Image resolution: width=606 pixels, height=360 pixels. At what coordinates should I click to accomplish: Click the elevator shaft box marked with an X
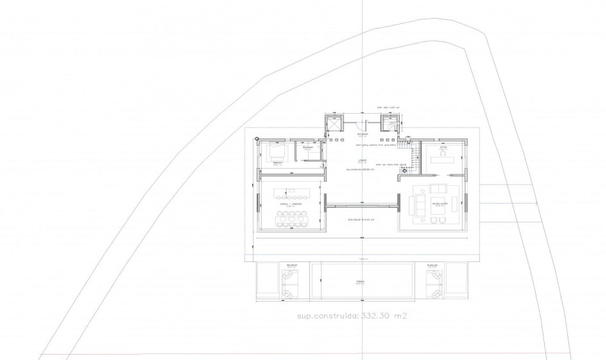[334, 125]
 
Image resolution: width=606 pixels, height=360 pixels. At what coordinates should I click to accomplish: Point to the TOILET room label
[393, 123]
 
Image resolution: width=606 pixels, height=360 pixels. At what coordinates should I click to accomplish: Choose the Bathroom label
[308, 148]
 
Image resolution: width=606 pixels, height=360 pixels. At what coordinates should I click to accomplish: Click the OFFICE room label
[443, 148]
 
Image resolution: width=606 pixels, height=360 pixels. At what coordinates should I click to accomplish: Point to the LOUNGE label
[362, 160]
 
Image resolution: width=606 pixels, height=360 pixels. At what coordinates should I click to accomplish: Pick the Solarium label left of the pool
[292, 265]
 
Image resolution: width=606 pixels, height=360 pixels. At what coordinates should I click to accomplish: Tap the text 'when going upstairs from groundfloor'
[375, 145]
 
